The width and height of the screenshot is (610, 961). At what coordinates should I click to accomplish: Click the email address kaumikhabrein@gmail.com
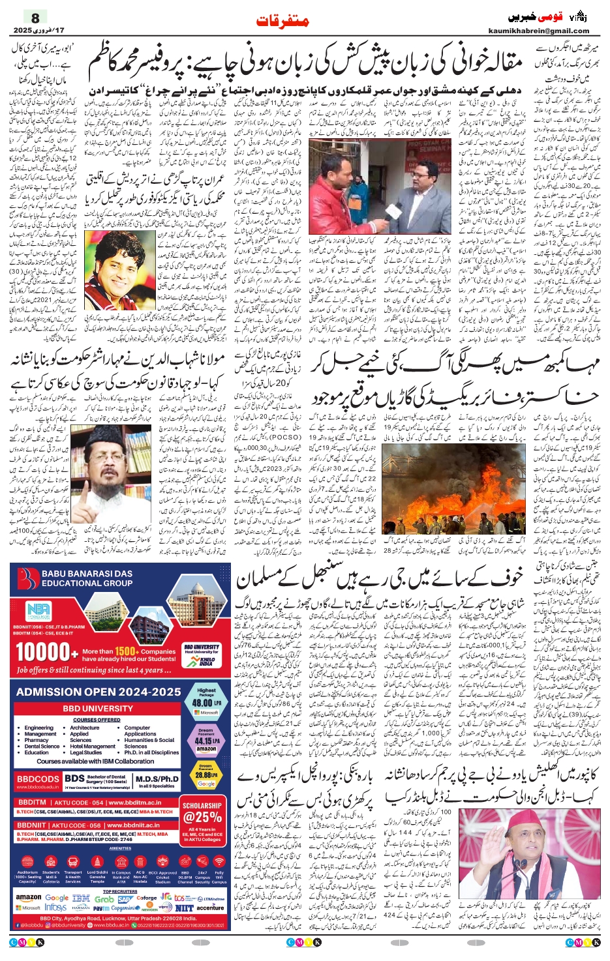click(538, 31)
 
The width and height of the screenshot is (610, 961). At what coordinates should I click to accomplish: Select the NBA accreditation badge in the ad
click(38, 612)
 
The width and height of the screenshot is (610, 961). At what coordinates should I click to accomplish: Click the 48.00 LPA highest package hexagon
click(206, 701)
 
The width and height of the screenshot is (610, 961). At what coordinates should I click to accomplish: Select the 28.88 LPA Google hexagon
click(206, 776)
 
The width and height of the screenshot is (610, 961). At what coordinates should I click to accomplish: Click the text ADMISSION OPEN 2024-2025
click(99, 692)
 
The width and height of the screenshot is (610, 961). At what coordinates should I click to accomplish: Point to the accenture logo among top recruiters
click(210, 908)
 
